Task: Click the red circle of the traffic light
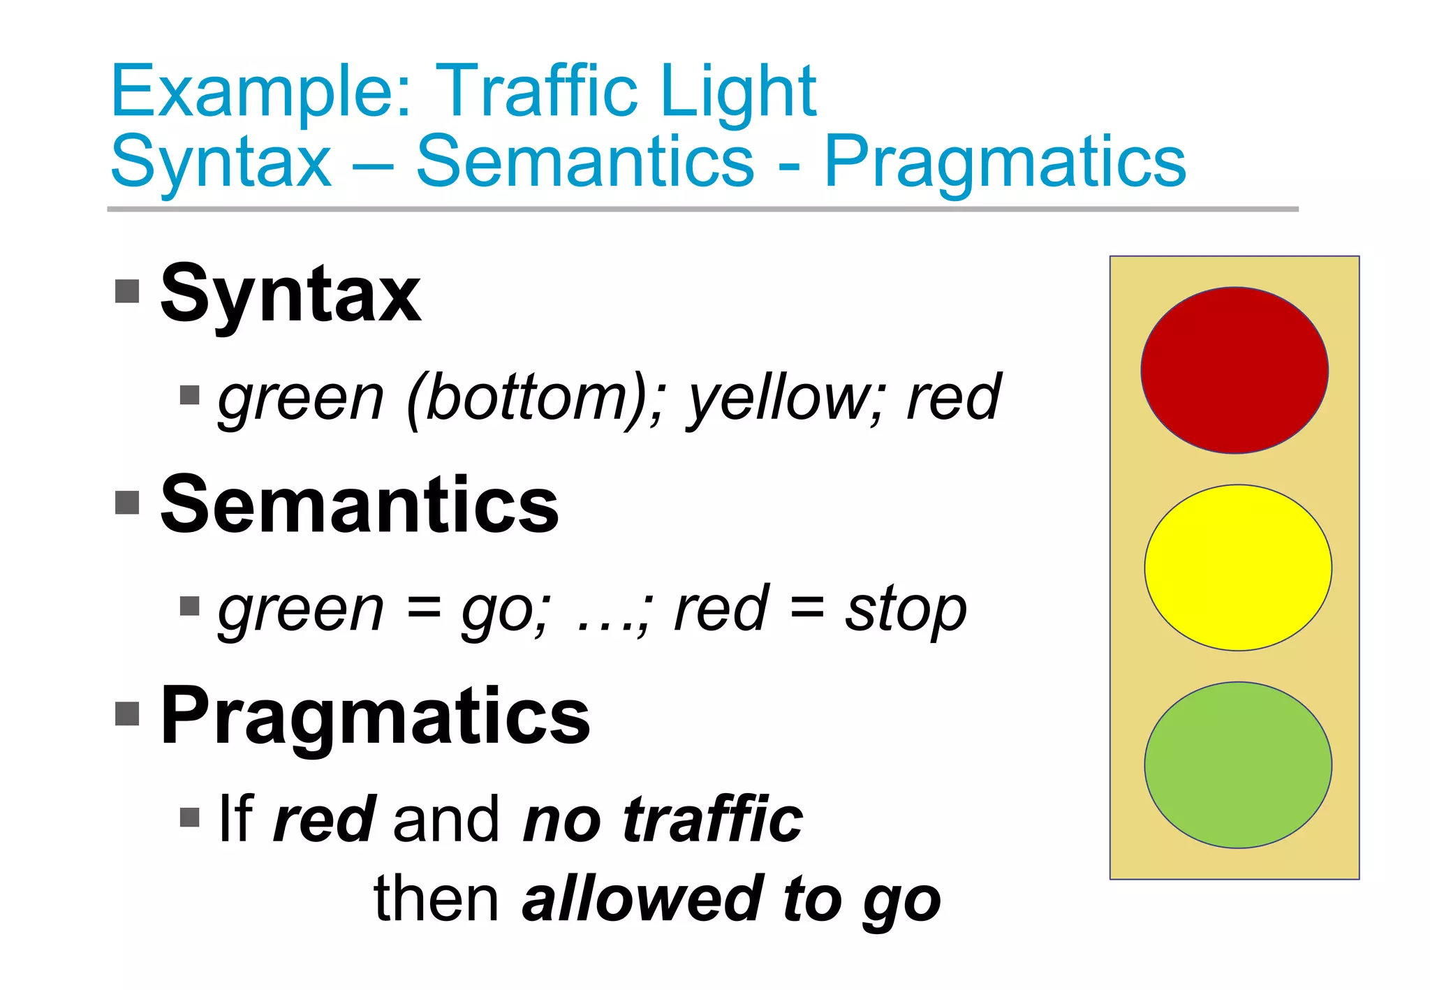point(1234,370)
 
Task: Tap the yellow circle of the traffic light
point(1238,568)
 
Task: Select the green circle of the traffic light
point(1238,765)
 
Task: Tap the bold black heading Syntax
point(290,295)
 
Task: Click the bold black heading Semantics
point(360,504)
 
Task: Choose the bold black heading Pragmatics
point(375,716)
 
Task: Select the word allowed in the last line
point(642,899)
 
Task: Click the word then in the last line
point(436,899)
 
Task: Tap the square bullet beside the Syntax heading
point(127,291)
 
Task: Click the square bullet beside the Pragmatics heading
point(127,713)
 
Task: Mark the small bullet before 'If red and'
point(189,817)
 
